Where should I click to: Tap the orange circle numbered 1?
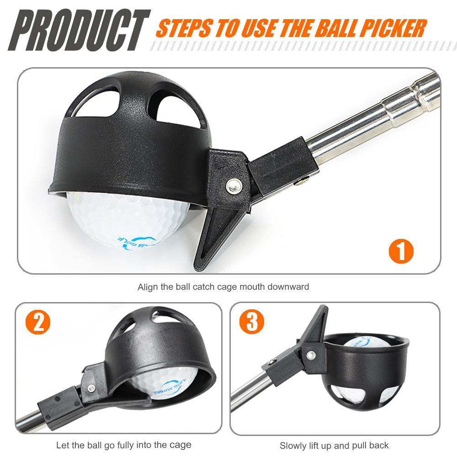401,250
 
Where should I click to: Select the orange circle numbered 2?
38,323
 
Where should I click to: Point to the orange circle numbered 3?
252,323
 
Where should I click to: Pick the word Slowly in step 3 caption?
293,445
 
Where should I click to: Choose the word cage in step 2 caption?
182,445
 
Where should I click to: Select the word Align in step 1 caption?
147,287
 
